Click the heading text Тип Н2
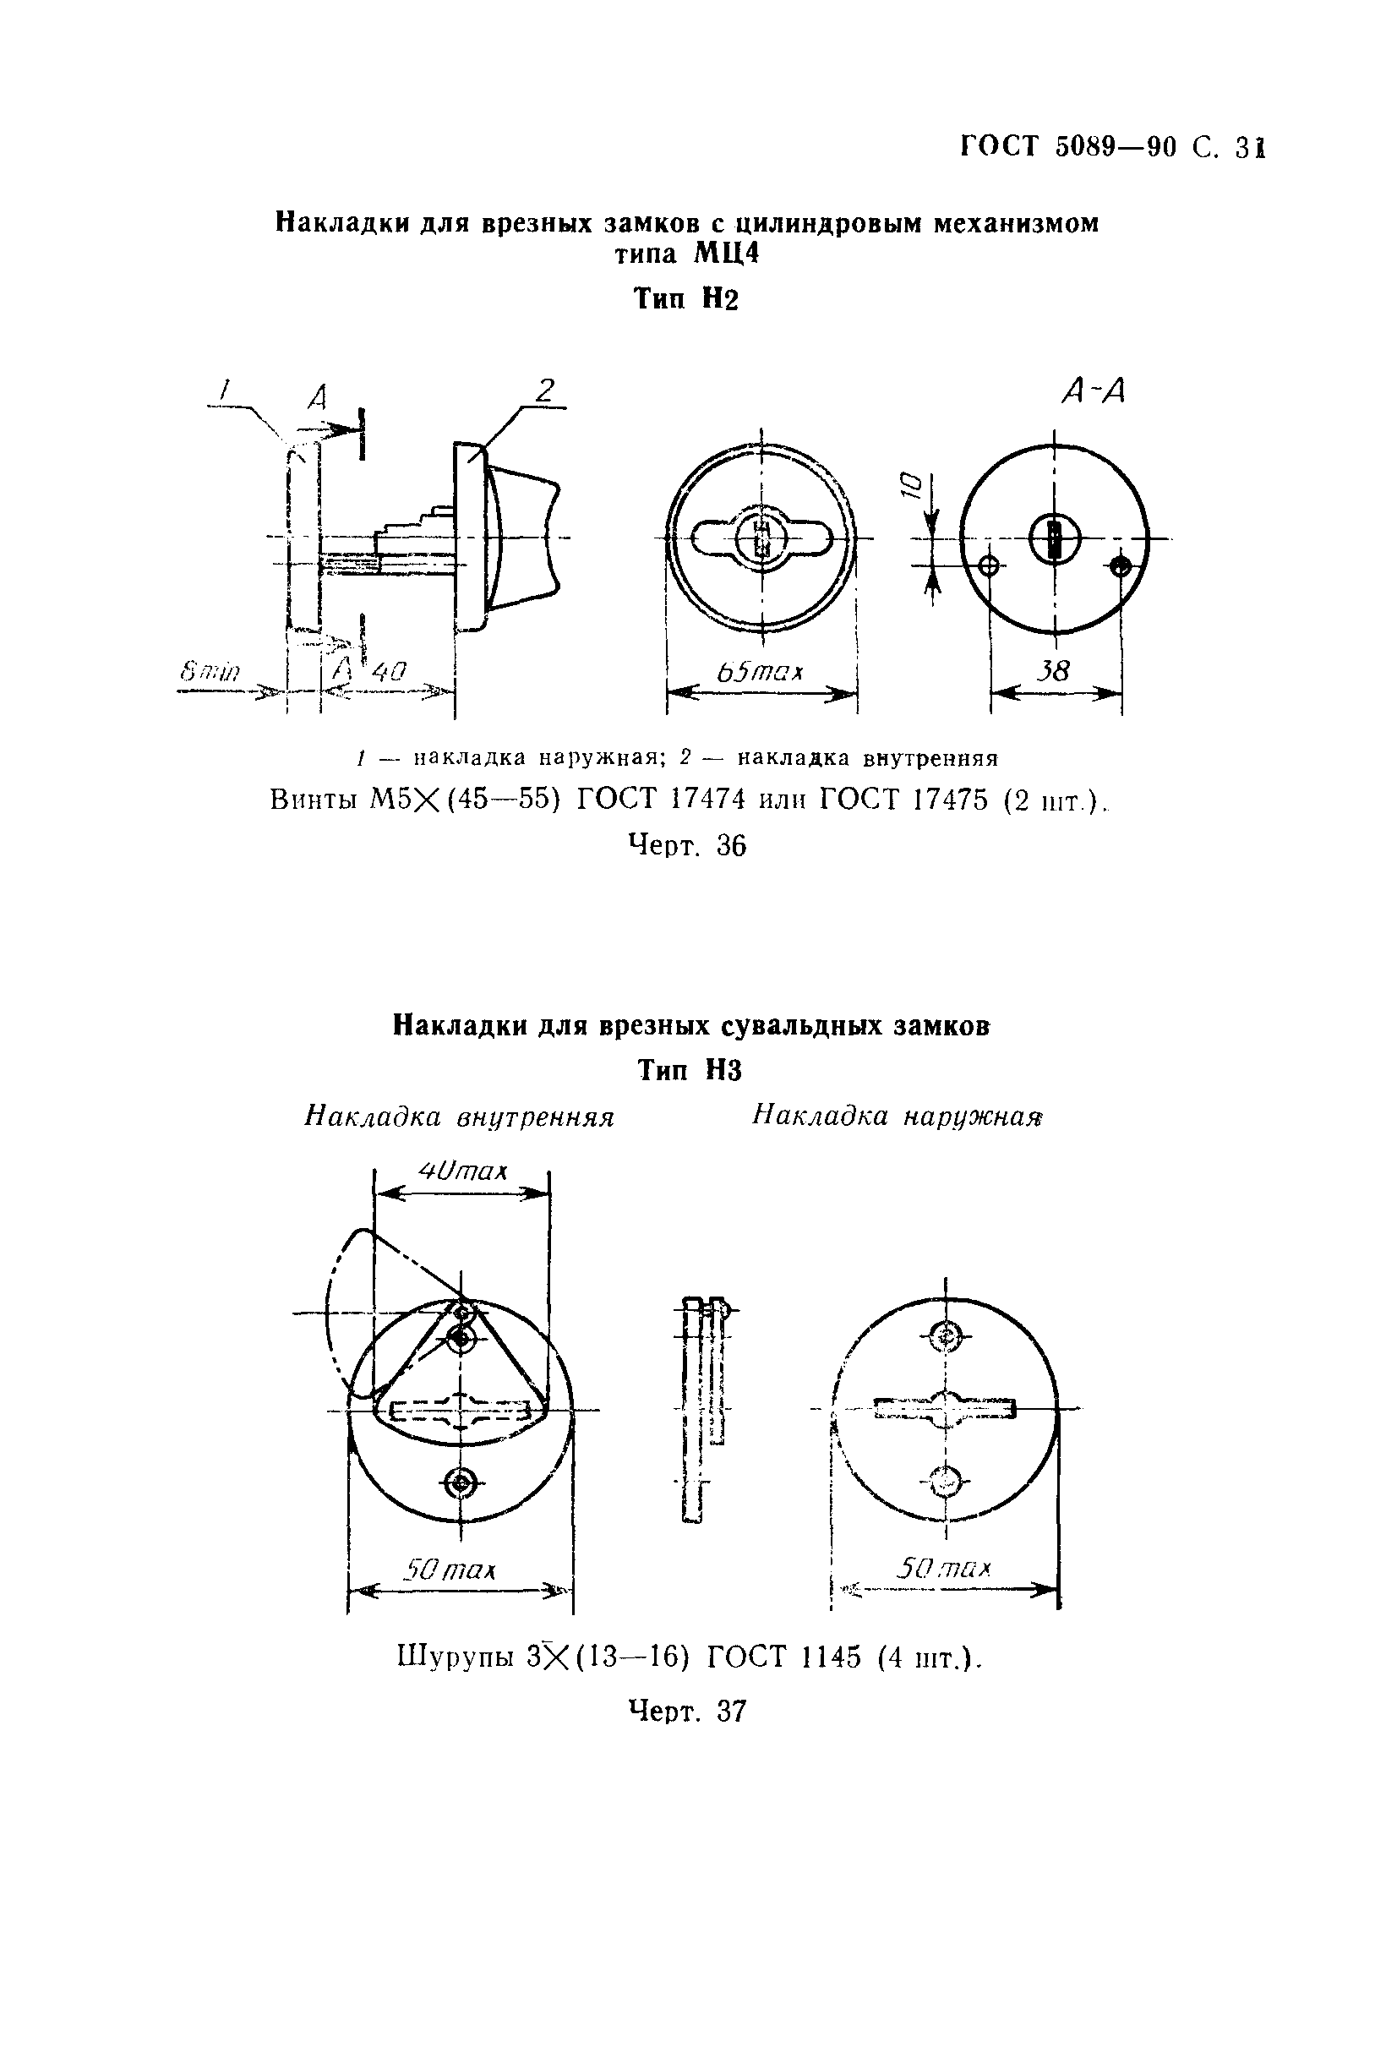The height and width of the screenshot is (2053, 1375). click(685, 300)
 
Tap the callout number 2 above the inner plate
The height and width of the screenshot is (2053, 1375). click(545, 390)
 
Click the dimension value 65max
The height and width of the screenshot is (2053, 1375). click(760, 672)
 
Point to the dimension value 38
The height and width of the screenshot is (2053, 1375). click(1053, 672)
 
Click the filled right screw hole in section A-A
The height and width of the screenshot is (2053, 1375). click(1120, 566)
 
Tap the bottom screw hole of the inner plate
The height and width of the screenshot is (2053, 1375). click(460, 1484)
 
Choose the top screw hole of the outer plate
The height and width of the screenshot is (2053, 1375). click(947, 1337)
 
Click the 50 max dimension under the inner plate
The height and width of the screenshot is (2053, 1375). click(449, 1569)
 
